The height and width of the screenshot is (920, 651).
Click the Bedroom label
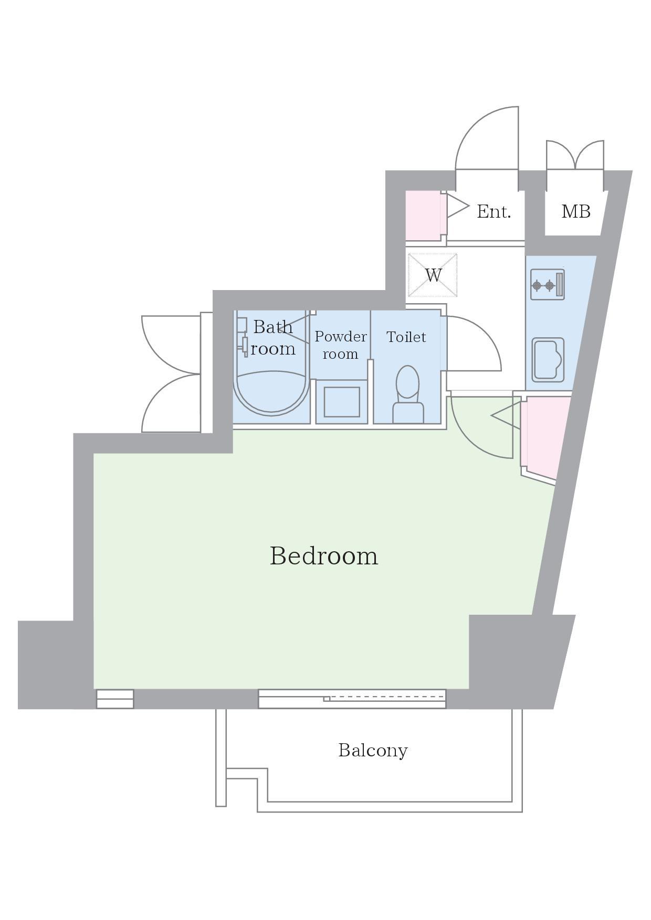[324, 555]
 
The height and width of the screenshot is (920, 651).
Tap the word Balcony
[373, 751]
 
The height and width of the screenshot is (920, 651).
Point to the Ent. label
[493, 211]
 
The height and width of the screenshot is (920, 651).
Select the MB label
[576, 211]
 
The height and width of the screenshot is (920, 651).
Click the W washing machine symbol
[433, 275]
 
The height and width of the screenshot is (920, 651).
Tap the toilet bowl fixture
[408, 394]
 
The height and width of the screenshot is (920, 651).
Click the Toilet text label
[406, 337]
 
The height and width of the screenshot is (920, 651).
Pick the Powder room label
[341, 345]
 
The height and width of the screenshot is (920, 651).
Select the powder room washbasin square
[342, 402]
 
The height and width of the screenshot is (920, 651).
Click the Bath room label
[273, 337]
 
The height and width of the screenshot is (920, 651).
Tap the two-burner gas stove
[548, 285]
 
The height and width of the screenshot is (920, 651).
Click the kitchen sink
[548, 360]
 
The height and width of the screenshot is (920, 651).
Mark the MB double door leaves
[575, 154]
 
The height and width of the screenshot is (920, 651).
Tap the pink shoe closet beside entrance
[423, 216]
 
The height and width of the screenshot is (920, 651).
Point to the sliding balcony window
[352, 699]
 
